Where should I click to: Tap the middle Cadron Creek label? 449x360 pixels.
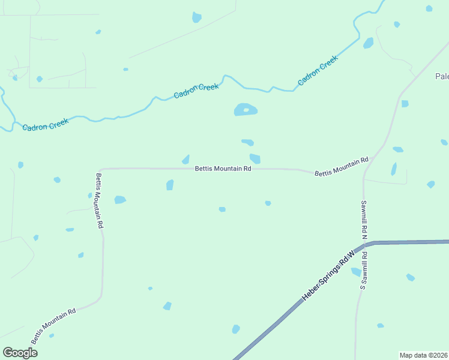196,91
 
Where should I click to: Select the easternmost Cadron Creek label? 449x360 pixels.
318,70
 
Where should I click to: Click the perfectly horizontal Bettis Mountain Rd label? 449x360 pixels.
223,169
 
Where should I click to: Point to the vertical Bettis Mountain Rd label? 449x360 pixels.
100,200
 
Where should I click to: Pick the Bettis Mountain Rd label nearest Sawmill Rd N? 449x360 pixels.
341,167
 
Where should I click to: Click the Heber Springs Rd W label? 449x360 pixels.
328,277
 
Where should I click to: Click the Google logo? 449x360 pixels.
20,353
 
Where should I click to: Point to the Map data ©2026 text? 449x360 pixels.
424,355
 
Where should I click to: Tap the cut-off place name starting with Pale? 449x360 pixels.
442,76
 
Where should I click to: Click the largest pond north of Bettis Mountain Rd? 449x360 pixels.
246,110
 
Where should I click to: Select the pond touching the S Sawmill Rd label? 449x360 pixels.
356,272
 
